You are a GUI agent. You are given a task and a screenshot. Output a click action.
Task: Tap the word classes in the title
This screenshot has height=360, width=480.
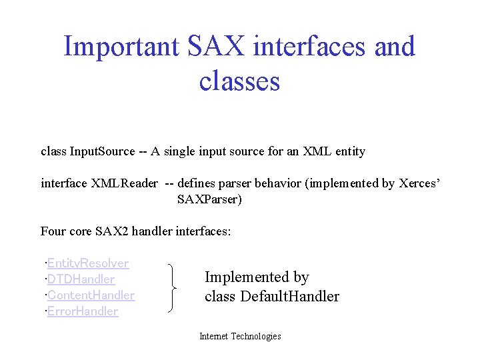(239, 81)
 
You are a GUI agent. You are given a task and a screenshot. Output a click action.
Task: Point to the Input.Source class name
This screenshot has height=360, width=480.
(102, 151)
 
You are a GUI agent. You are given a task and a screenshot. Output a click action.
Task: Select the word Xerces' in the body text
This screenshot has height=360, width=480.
(419, 183)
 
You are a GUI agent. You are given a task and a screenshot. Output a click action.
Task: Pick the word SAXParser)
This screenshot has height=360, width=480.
(209, 199)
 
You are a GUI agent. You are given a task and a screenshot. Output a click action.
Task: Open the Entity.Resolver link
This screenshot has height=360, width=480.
(87, 263)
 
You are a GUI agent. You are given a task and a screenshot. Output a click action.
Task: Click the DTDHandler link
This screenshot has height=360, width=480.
(81, 279)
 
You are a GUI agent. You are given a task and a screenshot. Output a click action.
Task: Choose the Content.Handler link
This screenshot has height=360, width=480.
(91, 295)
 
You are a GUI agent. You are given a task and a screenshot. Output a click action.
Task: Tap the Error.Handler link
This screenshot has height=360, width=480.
(83, 311)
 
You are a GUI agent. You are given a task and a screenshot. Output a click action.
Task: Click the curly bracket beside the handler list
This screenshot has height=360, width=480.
(175, 287)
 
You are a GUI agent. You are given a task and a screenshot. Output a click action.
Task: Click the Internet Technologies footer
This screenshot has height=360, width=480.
(240, 337)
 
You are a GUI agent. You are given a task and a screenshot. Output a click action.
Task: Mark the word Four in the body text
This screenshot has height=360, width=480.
(53, 231)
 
